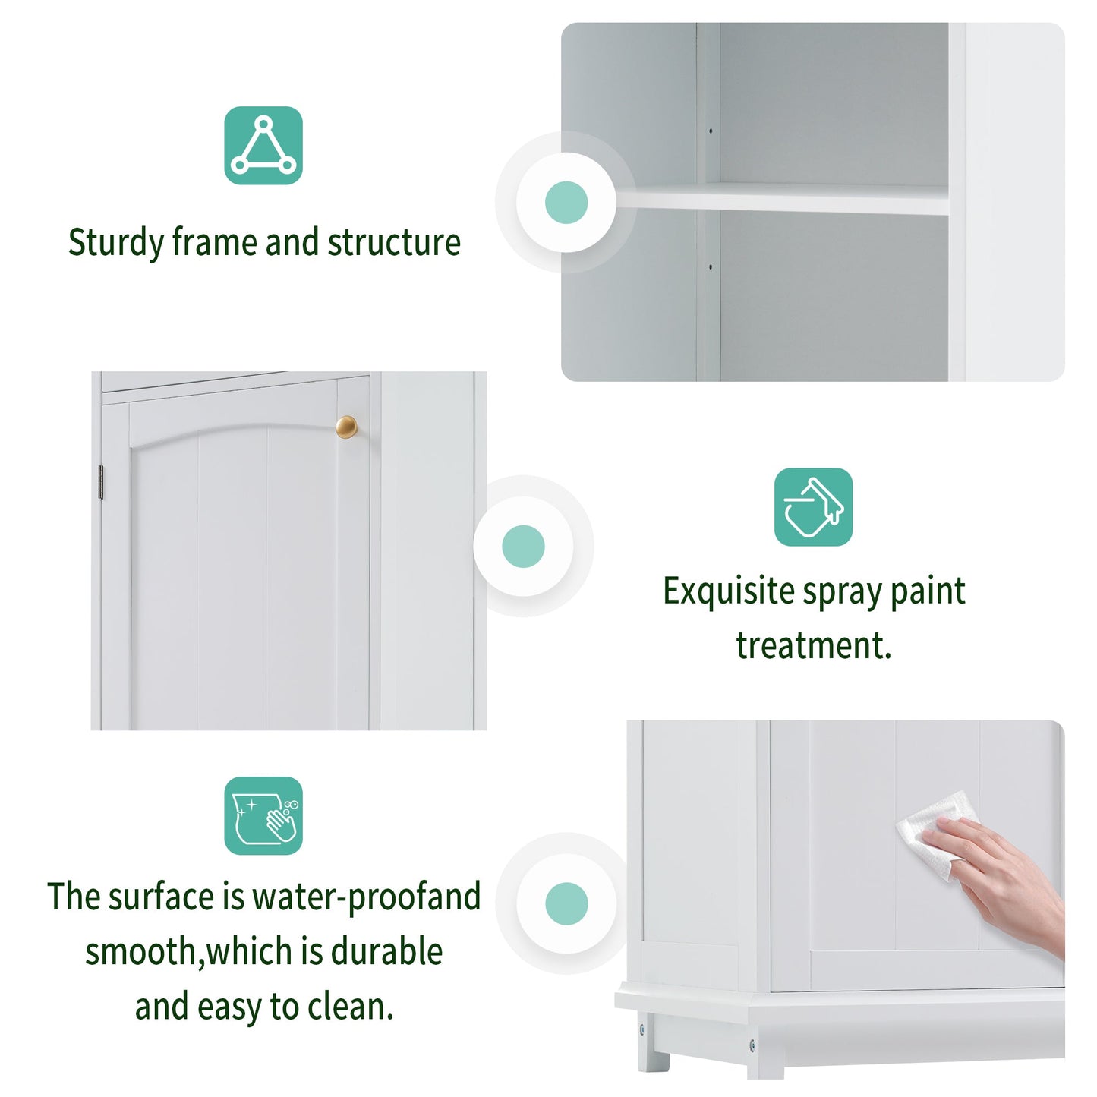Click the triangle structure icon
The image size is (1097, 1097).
coord(263,146)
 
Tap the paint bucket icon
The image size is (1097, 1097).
coord(813,506)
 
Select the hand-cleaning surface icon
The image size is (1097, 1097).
coord(263,815)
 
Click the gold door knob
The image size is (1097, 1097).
coord(346,427)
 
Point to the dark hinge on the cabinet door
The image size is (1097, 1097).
coord(101,483)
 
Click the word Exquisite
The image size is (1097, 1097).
coord(728,591)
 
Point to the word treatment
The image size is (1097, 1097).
coord(813,646)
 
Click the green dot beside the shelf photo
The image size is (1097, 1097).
coord(566,203)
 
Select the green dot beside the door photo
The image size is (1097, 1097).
coord(523,546)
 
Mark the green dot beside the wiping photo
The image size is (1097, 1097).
coord(566,903)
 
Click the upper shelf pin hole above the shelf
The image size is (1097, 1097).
coord(711,131)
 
